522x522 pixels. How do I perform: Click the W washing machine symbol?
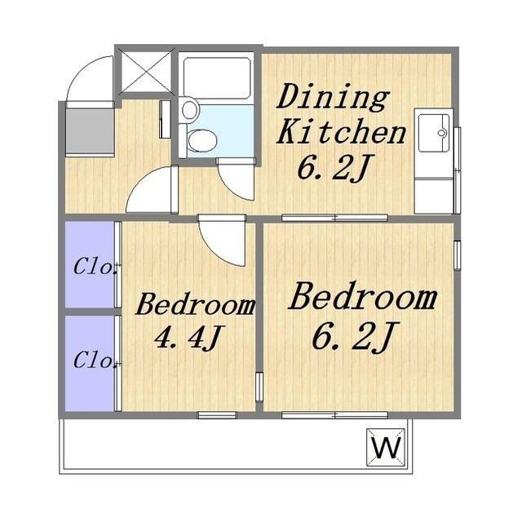(386, 447)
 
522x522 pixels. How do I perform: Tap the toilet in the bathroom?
(201, 140)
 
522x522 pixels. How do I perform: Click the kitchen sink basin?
(434, 133)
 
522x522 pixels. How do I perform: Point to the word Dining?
(333, 97)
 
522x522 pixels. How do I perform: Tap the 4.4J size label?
(188, 337)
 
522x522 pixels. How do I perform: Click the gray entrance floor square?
(91, 132)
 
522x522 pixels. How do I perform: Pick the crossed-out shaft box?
(147, 72)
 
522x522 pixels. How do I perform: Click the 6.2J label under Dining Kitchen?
(334, 168)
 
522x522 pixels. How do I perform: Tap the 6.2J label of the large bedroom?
(354, 336)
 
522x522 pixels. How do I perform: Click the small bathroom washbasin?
(189, 108)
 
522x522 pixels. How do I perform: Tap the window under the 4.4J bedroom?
(217, 415)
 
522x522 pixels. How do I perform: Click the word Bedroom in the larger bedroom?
(363, 296)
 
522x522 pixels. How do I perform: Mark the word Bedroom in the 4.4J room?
(196, 304)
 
